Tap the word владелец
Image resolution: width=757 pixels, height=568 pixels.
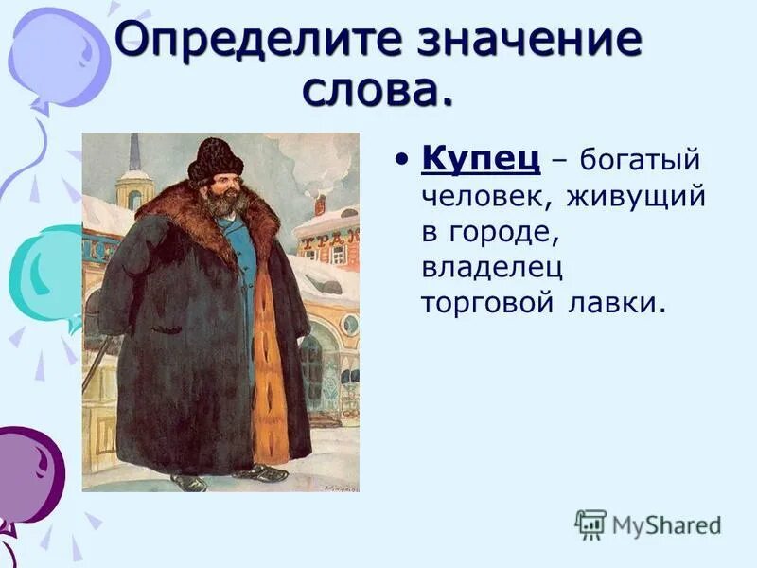[x=492, y=269]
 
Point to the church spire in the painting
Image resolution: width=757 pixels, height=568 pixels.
[x=135, y=156]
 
